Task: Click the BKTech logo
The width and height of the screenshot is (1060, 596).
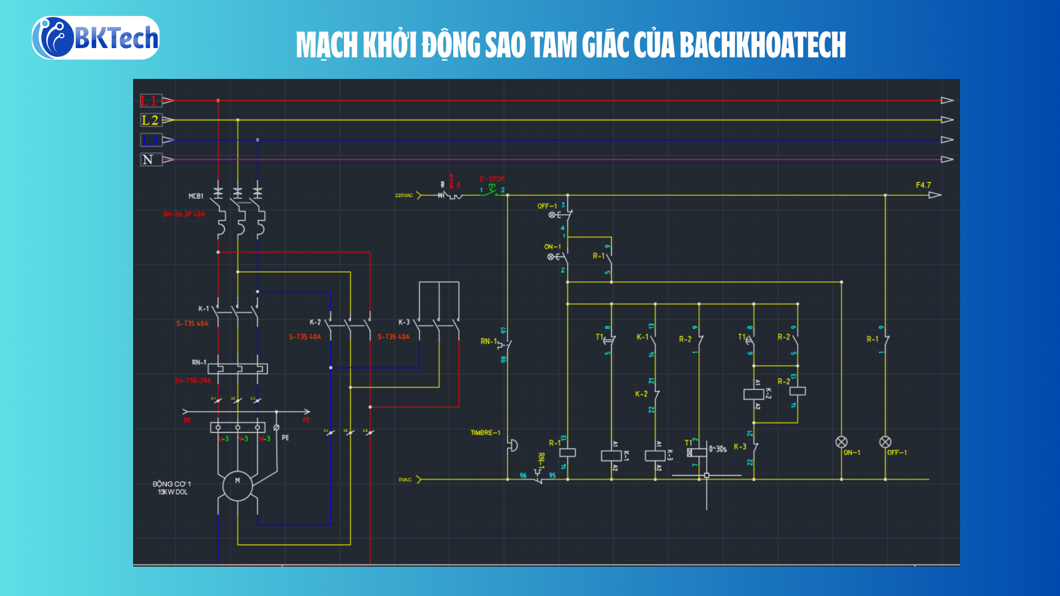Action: point(96,38)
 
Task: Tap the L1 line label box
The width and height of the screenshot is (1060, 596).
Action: point(150,100)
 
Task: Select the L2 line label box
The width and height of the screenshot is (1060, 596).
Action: point(150,120)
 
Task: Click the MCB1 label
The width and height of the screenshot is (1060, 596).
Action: point(196,196)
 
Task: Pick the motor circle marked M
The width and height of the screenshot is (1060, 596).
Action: point(237,486)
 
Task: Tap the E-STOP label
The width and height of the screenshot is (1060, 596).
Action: point(491,179)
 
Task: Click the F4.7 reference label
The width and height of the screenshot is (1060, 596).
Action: point(923,185)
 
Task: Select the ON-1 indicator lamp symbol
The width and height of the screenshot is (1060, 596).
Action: point(841,442)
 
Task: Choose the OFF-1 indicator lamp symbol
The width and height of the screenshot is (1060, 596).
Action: point(885,442)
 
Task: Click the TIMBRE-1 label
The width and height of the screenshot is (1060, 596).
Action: point(485,433)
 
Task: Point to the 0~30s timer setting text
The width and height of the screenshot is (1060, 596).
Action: point(718,449)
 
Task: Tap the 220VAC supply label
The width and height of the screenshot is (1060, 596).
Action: point(404,195)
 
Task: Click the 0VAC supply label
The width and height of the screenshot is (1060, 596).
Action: point(405,480)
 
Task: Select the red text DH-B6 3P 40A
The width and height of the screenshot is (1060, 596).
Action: point(184,214)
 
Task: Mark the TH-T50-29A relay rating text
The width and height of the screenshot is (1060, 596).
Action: point(193,381)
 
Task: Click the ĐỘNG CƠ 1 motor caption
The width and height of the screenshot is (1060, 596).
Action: point(172,484)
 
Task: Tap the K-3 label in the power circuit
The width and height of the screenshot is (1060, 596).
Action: point(404,322)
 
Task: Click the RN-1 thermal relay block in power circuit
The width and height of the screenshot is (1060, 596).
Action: point(237,368)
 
